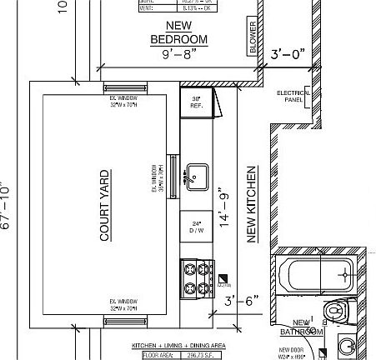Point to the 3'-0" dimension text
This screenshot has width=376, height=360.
point(288,55)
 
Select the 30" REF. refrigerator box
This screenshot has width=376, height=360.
point(196,102)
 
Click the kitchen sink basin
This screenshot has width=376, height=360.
point(197,176)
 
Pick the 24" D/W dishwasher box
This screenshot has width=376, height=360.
point(196,227)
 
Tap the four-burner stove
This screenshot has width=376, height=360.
point(197,277)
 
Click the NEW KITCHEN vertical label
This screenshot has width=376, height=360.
point(252,204)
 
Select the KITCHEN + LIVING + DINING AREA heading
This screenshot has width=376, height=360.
point(178,345)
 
